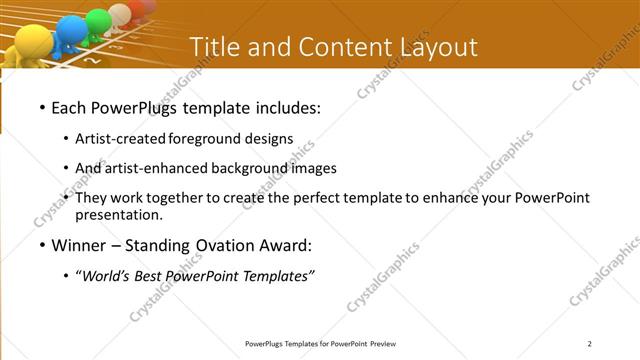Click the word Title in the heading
point(211,47)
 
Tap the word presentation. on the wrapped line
point(119,215)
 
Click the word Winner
point(80,245)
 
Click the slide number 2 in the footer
point(590,344)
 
